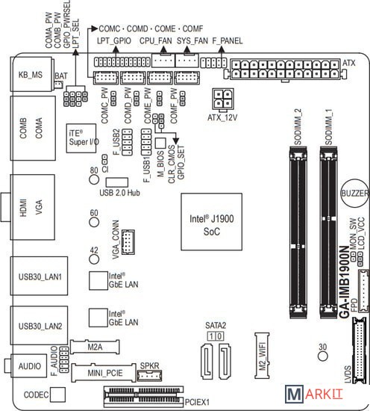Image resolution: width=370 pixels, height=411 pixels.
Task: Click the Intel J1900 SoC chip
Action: (211, 222)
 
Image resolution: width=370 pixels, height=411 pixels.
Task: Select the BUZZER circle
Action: (354, 194)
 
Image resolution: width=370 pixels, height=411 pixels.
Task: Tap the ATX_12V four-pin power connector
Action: (223, 99)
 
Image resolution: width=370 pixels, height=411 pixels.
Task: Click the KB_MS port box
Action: (31, 75)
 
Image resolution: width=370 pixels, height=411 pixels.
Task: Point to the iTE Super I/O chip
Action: (81, 138)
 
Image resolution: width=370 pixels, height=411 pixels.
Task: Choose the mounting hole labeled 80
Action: (94, 179)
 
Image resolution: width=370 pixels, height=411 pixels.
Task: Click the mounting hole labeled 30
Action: (323, 356)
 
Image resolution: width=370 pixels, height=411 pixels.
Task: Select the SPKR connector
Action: (150, 376)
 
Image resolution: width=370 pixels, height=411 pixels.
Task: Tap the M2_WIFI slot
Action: (262, 356)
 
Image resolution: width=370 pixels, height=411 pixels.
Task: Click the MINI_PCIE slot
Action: (104, 373)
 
